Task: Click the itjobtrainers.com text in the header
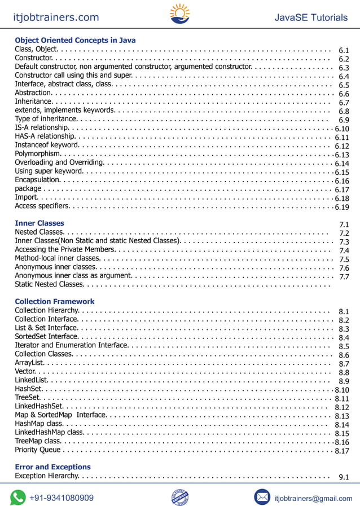(56, 17)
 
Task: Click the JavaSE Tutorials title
(311, 17)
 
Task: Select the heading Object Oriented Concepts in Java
(75, 41)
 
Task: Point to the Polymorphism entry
(37, 154)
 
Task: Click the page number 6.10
(342, 129)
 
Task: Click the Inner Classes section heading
(39, 223)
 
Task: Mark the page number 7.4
(344, 250)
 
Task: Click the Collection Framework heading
(55, 302)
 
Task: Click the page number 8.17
(342, 451)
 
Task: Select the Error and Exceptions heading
(52, 467)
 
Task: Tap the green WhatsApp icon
(18, 497)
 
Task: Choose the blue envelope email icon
(262, 497)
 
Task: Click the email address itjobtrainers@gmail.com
(313, 498)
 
